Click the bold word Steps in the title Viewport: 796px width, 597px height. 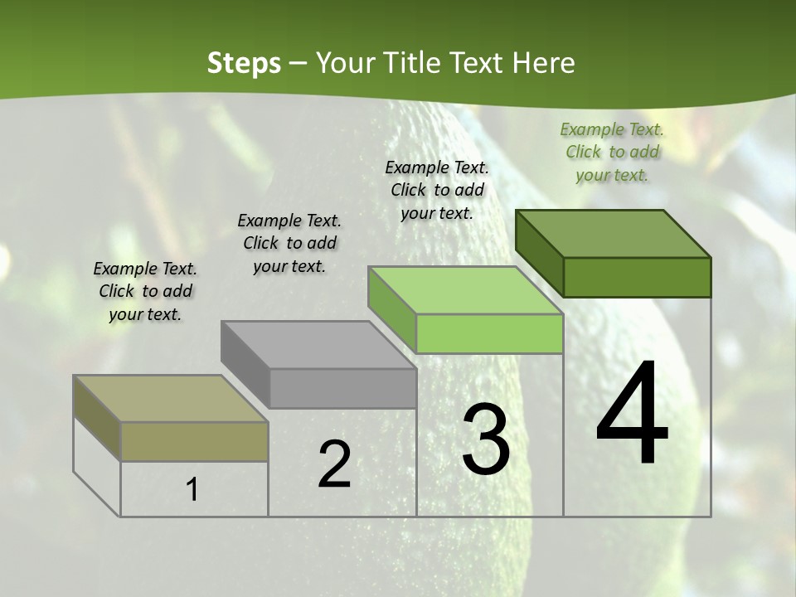click(243, 63)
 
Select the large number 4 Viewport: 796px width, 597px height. click(632, 415)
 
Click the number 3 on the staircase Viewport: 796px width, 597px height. click(485, 439)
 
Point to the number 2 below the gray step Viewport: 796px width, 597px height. click(334, 464)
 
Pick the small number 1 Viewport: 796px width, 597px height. click(192, 490)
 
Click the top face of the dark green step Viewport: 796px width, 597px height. click(613, 234)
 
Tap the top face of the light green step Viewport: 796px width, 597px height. click(465, 290)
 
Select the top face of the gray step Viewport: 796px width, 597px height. click(318, 345)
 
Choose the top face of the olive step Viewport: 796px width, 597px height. click(171, 399)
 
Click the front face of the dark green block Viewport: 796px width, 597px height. click(637, 277)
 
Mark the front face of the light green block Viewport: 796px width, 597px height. click(489, 333)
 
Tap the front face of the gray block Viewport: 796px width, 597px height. click(342, 388)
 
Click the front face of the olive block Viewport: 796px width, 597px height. click(194, 441)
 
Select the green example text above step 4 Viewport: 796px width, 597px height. click(612, 153)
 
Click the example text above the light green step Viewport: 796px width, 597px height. click(437, 190)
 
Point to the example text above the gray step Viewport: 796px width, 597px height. click(289, 243)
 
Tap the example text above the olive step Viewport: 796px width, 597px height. click(145, 291)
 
